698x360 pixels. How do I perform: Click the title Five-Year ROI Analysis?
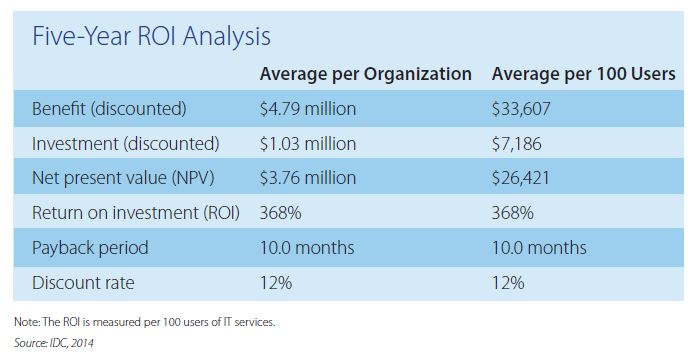point(152,37)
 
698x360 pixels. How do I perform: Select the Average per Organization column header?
point(365,74)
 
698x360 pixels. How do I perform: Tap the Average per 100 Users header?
point(583,74)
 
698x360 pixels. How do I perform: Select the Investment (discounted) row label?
point(123,144)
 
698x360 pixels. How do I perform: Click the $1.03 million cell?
point(307,144)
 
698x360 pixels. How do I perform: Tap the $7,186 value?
point(517,144)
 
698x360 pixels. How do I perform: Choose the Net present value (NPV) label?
point(123,179)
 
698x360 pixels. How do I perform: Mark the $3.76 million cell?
point(307,179)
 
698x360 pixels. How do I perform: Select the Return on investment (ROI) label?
point(135,213)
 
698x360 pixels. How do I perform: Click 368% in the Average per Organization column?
point(279,213)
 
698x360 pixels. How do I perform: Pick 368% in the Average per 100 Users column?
point(512,213)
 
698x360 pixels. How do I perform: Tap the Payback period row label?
point(90,248)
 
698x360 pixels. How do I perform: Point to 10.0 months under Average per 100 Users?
point(539,248)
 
